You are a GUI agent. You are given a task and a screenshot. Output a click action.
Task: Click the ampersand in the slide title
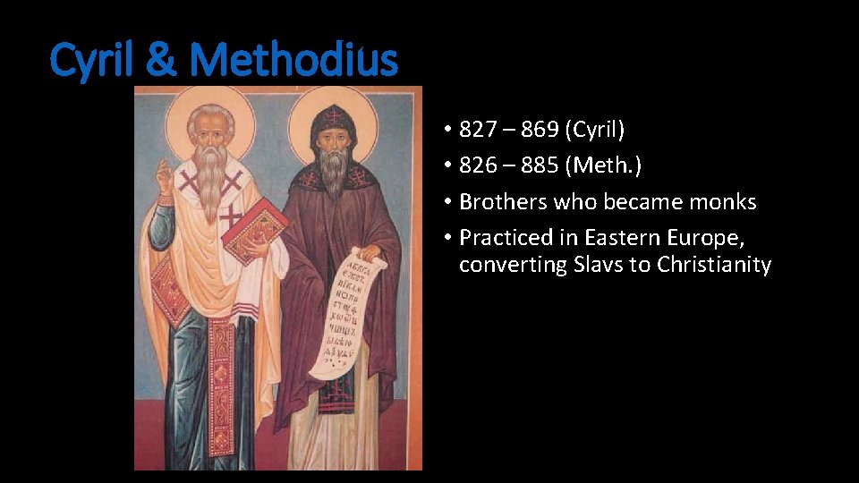(x=160, y=61)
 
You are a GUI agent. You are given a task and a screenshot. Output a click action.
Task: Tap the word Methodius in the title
(x=293, y=61)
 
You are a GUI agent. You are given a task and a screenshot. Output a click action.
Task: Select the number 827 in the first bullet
(x=477, y=130)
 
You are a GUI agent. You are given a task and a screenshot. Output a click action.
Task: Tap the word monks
(x=725, y=202)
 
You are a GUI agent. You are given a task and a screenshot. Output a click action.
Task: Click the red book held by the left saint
(x=254, y=229)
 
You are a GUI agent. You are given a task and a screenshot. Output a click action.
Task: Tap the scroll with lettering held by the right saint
(x=350, y=309)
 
